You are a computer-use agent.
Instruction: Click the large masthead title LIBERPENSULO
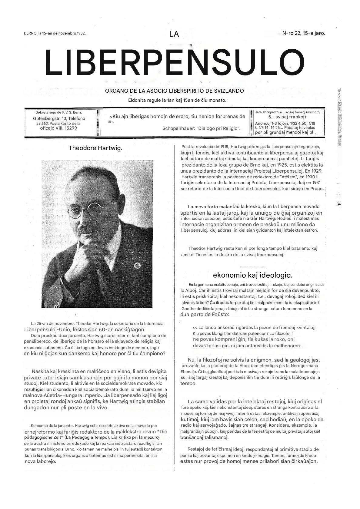(174, 63)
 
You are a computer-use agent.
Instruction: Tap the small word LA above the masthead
(174, 34)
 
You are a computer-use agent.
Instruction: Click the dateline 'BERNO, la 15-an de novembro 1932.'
(55, 33)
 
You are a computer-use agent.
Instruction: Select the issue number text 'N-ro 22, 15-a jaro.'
(304, 33)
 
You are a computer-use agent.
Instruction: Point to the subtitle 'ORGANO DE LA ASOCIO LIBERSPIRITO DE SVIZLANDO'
(174, 91)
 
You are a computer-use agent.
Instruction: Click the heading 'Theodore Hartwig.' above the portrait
(95, 148)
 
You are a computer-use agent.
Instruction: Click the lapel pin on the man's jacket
(138, 266)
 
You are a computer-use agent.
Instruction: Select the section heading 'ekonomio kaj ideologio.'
(252, 275)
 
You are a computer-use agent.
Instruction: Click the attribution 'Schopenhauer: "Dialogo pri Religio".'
(202, 128)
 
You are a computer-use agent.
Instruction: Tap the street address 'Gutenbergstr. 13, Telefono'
(59, 118)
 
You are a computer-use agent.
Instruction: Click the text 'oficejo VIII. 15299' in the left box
(59, 128)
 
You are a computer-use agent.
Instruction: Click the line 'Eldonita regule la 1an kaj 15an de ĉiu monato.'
(177, 100)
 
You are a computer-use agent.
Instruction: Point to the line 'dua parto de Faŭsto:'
(205, 314)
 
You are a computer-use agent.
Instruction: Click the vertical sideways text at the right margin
(339, 117)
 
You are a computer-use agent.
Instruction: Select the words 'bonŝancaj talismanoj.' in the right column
(204, 437)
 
